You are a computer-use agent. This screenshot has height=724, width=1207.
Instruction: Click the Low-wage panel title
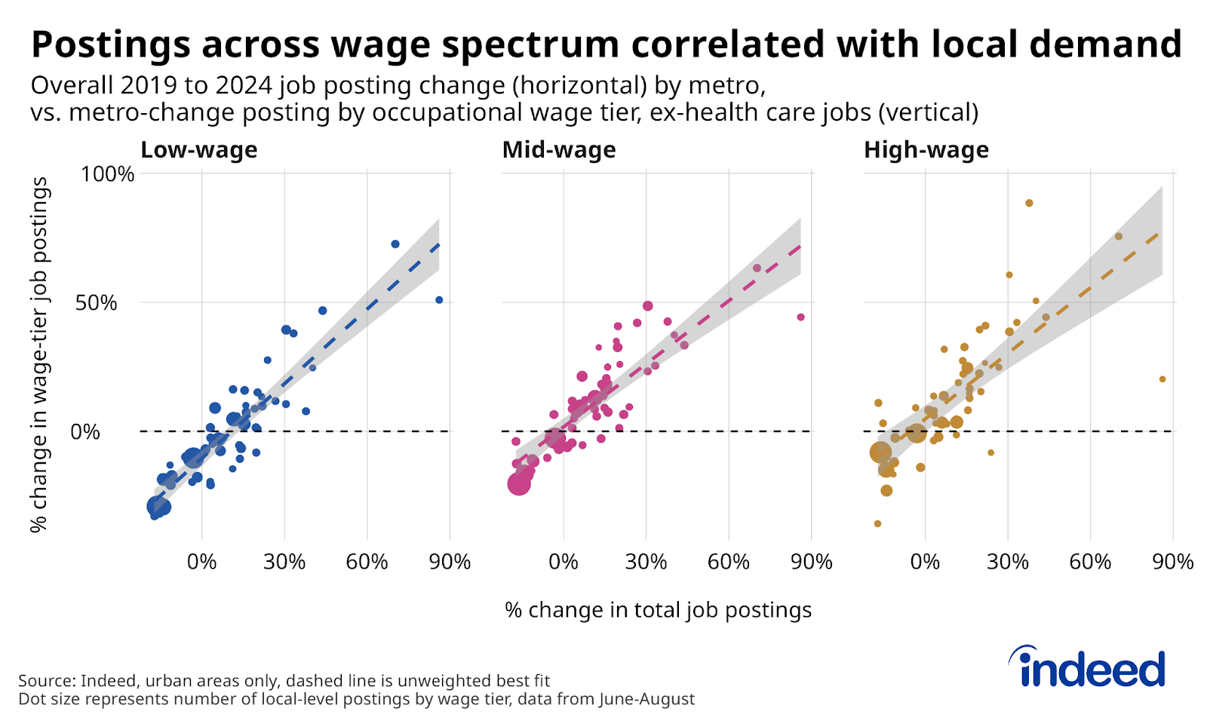click(x=199, y=150)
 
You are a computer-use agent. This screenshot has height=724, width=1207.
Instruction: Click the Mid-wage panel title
click(x=559, y=150)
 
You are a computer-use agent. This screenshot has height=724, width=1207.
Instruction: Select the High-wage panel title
click(x=926, y=150)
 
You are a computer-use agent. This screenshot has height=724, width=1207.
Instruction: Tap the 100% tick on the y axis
click(x=107, y=174)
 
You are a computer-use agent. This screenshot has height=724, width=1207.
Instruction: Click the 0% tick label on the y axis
click(x=84, y=432)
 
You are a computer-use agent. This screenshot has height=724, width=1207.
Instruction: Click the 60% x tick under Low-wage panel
click(x=367, y=562)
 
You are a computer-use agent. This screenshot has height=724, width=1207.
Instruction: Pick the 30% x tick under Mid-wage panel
click(x=646, y=562)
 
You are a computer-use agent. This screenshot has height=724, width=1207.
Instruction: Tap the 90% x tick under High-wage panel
click(x=1172, y=562)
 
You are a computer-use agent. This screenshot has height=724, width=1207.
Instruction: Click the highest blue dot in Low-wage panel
click(x=395, y=244)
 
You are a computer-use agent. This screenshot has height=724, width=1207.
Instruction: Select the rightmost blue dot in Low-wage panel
click(x=439, y=300)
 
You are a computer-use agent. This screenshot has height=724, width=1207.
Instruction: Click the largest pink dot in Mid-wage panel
click(x=519, y=483)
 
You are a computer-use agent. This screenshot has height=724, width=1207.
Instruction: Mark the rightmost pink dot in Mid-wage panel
click(x=800, y=318)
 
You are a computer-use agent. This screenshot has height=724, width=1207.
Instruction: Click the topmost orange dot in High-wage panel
click(x=1029, y=203)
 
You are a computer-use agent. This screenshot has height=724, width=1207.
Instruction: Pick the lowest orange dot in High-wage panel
click(x=877, y=523)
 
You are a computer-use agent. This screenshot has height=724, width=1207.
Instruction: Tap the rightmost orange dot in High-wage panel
click(x=1162, y=379)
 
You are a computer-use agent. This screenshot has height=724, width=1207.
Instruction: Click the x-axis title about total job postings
click(x=658, y=610)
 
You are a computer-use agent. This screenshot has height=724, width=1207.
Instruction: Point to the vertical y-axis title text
click(x=39, y=354)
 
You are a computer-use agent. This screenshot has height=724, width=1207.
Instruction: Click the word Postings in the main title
click(x=110, y=44)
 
